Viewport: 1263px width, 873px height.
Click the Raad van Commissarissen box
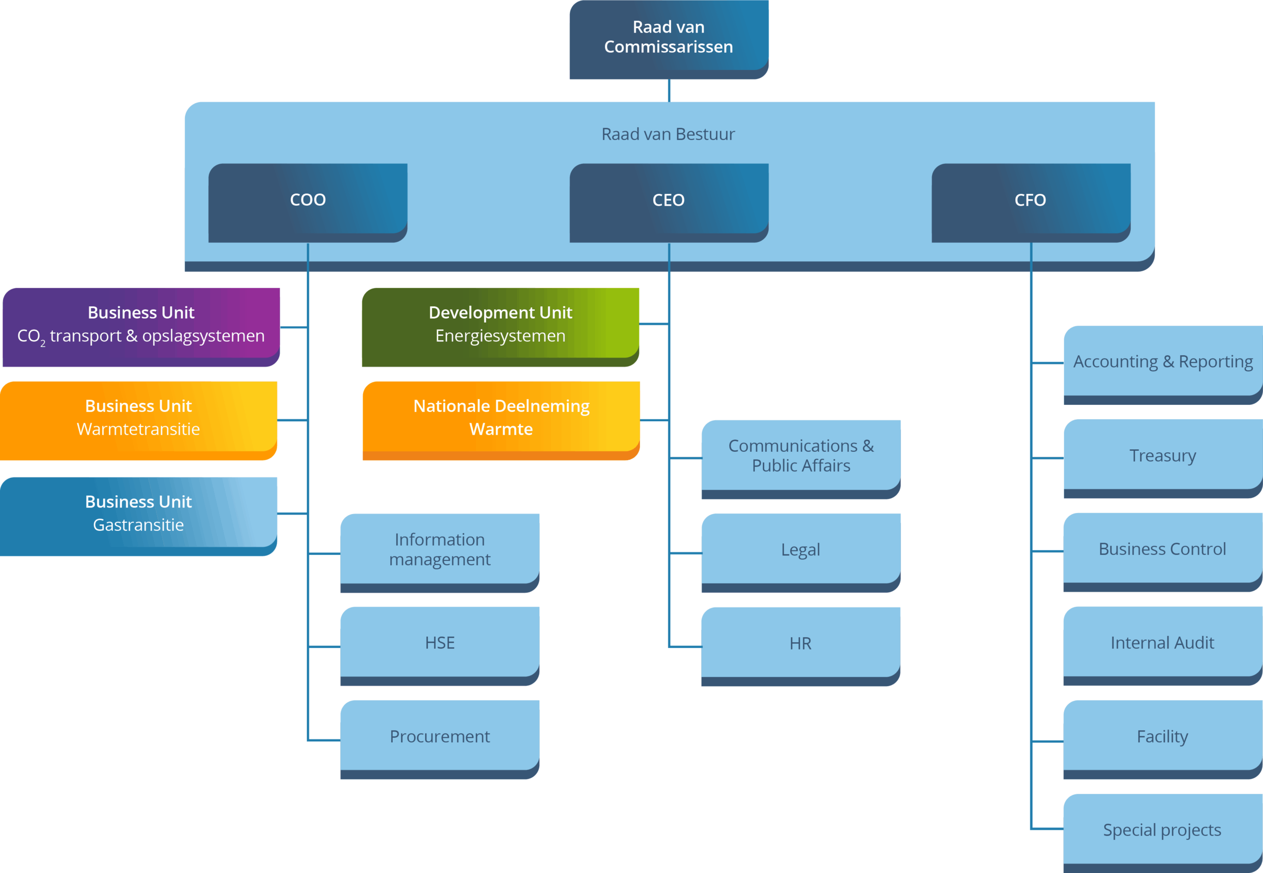coord(669,37)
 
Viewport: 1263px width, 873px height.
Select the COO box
coord(307,200)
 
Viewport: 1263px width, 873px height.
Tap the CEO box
coord(669,200)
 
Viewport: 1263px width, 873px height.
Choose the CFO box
coord(1031,200)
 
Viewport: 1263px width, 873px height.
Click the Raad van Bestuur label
coord(668,134)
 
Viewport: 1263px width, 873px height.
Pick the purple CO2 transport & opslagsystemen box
coord(141,325)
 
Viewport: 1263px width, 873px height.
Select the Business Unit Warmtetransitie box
coord(139,418)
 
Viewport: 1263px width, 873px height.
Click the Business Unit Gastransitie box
coord(139,514)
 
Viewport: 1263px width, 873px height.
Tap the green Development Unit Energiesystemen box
coord(500,325)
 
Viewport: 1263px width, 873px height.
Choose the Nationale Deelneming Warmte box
coord(501,418)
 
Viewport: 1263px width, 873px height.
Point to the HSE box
coord(440,643)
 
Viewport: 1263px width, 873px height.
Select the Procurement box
coord(440,737)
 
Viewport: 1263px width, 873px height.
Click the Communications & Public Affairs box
coord(801,457)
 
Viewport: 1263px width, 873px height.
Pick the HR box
coord(801,644)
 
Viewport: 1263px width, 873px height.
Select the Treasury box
coord(1163,456)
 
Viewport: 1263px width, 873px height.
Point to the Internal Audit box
coord(1162,643)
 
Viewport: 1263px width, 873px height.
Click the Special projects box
coord(1162,830)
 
